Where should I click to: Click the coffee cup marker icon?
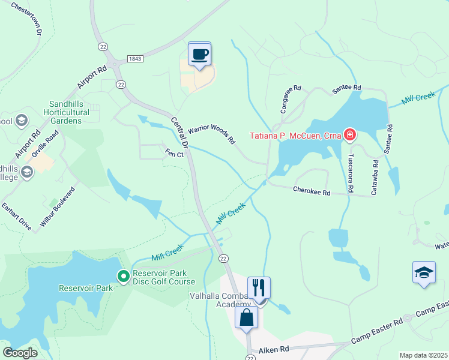(200, 55)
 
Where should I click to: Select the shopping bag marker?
(247, 317)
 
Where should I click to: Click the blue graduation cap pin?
(424, 273)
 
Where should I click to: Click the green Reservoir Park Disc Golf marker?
(124, 276)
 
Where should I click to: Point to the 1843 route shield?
(136, 59)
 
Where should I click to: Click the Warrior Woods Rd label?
(211, 134)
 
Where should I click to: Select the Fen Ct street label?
(174, 154)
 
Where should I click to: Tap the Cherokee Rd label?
(312, 191)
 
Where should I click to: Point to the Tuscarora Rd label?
(349, 174)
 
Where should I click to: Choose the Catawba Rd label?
(375, 177)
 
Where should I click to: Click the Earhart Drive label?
(16, 216)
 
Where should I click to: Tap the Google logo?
(20, 352)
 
